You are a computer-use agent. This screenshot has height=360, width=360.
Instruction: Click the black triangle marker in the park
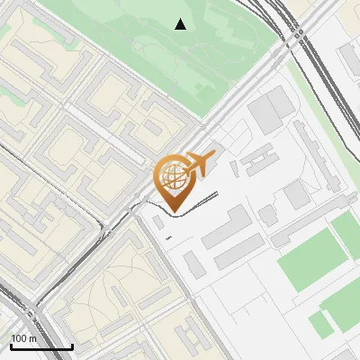coord(181,24)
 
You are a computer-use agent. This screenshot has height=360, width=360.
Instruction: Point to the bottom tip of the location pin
coord(171,212)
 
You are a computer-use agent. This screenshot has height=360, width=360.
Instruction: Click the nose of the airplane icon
coord(213,156)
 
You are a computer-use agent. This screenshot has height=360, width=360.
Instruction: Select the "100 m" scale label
coord(24,337)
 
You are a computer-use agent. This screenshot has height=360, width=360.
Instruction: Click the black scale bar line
coord(41,347)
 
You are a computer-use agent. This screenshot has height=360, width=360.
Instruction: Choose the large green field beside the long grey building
coord(310,260)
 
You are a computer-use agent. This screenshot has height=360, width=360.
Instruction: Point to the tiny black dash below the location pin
coord(169,237)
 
